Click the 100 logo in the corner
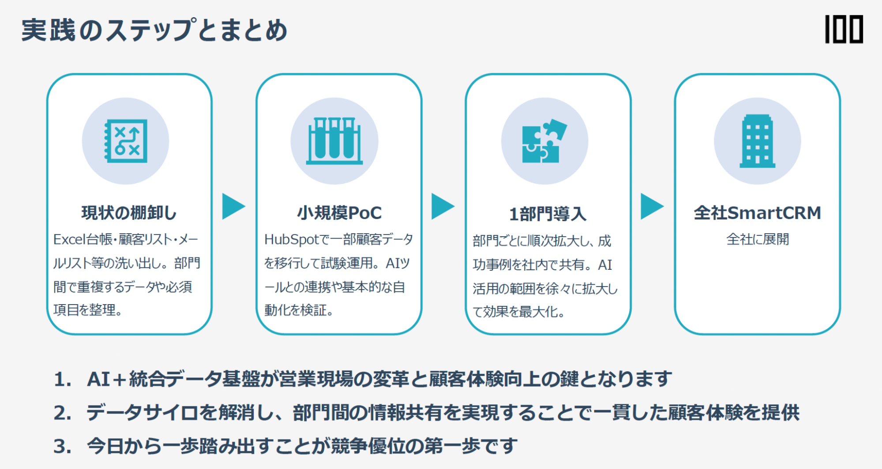844,30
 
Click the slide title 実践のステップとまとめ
154,30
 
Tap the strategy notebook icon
126,141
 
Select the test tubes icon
334,141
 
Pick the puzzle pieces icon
544,141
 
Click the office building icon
757,141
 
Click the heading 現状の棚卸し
129,213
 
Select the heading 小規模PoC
339,213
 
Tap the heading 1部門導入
548,214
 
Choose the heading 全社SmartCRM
757,213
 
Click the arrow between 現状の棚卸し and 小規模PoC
233,206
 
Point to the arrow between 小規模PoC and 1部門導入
442,206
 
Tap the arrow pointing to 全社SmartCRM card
651,206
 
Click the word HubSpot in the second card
291,239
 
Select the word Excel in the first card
69,239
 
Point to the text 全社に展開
757,239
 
